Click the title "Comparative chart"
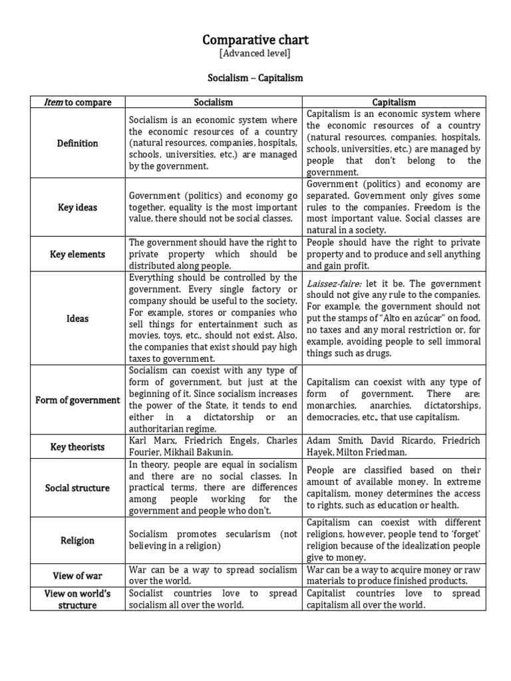click(255, 41)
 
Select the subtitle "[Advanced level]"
click(255, 54)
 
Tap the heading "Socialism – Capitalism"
click(255, 78)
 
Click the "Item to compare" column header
click(78, 102)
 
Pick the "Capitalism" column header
click(394, 102)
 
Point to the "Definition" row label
click(78, 143)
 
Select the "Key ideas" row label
click(78, 207)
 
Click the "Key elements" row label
click(78, 254)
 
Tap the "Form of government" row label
click(78, 400)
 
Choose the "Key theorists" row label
click(78, 447)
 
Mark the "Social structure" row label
click(78, 488)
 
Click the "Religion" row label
click(78, 541)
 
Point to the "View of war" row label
click(78, 575)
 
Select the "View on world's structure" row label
click(78, 599)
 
